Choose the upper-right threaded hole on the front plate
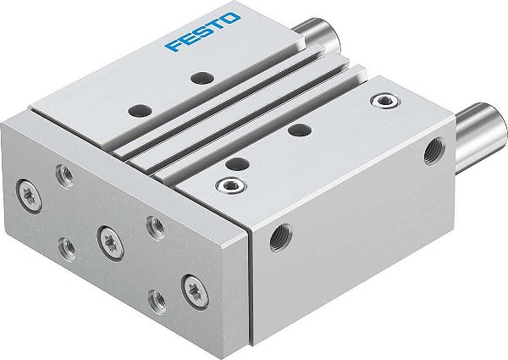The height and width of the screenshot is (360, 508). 154,224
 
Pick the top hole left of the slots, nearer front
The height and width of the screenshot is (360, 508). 135,110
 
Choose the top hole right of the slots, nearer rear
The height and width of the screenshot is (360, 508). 297,129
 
